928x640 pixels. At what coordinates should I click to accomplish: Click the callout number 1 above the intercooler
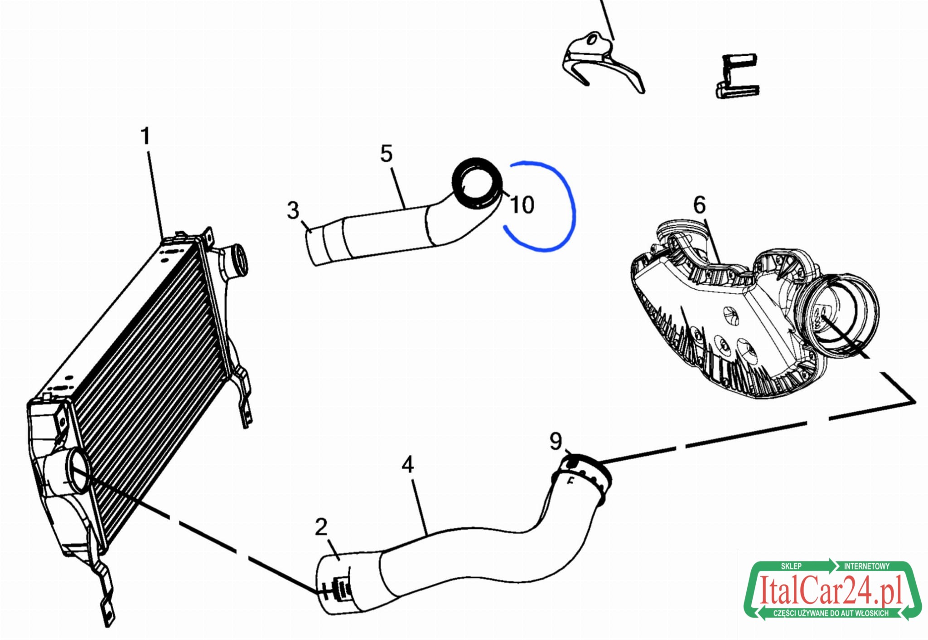(145, 136)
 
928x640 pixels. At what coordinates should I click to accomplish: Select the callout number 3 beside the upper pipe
(293, 210)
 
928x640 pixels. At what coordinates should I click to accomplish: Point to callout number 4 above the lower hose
(408, 465)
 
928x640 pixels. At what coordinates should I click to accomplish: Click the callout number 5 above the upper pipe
(386, 154)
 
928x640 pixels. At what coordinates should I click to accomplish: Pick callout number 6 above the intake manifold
(700, 205)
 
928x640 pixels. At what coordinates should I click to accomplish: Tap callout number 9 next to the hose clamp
(556, 441)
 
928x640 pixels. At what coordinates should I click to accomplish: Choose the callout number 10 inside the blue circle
(522, 205)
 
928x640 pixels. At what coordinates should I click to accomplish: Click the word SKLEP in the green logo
(791, 566)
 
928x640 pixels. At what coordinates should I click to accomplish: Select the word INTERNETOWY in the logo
(866, 566)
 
